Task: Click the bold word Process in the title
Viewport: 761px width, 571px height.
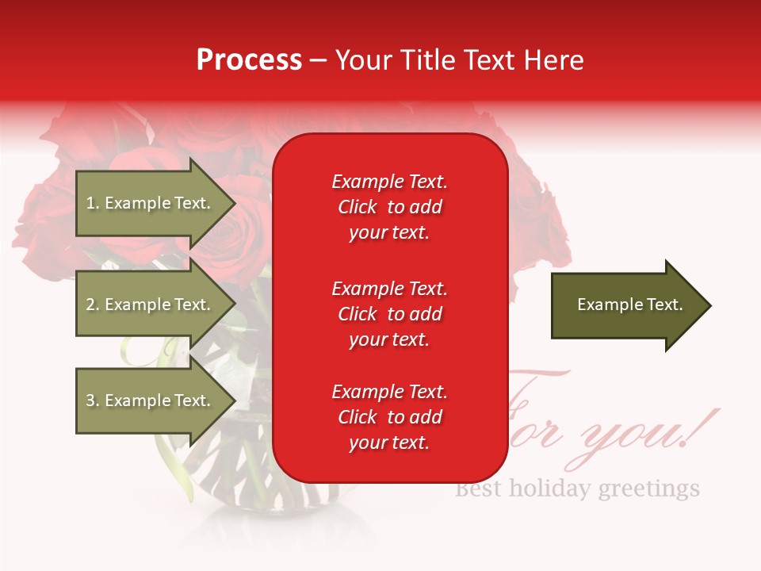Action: click(x=249, y=60)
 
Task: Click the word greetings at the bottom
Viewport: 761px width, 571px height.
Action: click(x=648, y=488)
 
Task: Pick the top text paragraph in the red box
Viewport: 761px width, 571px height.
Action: click(x=389, y=207)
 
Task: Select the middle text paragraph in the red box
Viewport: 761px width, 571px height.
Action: click(x=389, y=314)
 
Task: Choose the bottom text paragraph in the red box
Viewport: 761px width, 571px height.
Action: click(x=389, y=417)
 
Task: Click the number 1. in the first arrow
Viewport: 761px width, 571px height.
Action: click(x=93, y=203)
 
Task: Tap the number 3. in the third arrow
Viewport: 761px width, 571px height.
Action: click(x=93, y=400)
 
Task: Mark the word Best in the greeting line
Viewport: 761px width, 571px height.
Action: click(x=479, y=488)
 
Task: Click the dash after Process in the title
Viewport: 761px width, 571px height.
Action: click(x=318, y=61)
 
